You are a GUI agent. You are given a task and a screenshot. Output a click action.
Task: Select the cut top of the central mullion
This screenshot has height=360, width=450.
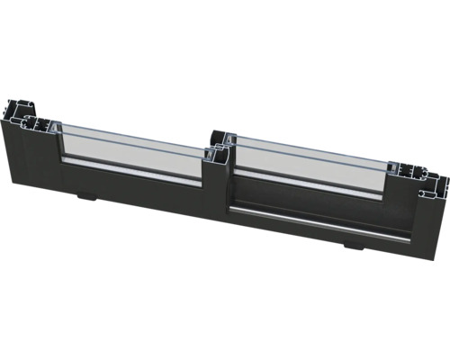[x=218, y=141]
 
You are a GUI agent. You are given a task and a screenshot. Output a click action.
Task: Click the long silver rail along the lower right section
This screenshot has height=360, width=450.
[x=315, y=220]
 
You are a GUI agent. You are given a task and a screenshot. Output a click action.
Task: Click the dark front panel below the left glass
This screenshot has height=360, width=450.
[x=135, y=193]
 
